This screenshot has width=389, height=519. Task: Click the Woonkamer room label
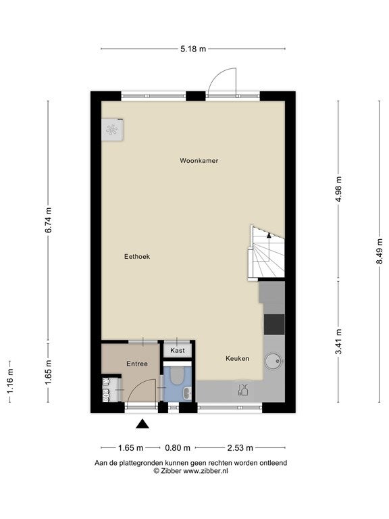(199, 161)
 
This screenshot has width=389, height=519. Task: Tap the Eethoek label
(137, 257)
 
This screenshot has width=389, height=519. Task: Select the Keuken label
(237, 358)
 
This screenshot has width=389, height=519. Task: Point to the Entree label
(137, 364)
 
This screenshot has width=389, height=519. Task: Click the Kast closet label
(178, 351)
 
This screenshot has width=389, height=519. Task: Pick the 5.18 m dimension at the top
(193, 49)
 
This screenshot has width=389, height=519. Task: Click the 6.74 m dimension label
(49, 220)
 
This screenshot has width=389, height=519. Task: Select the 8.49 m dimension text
(380, 251)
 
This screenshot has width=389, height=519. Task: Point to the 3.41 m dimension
(338, 341)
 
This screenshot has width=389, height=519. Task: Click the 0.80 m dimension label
(178, 448)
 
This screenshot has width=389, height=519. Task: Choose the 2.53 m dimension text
(240, 448)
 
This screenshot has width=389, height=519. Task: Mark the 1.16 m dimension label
(10, 381)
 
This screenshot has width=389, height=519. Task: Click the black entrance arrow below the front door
(142, 424)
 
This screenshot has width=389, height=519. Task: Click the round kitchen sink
(274, 360)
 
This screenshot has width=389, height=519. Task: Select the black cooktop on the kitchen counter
(274, 324)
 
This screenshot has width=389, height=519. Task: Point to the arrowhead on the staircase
(269, 235)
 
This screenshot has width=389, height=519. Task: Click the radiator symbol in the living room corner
(113, 130)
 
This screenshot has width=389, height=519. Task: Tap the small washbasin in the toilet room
(187, 393)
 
